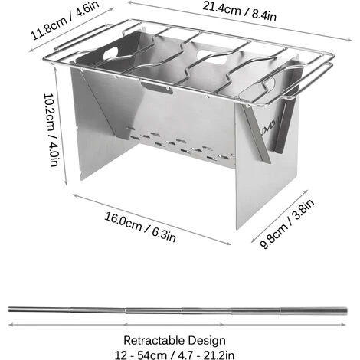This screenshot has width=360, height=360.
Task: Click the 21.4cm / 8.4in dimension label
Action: [x=239, y=11]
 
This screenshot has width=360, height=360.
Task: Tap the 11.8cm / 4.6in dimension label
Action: [x=64, y=21]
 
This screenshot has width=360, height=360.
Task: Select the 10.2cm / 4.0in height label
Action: [x=51, y=129]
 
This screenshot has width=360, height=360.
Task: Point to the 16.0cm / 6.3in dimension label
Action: [x=140, y=227]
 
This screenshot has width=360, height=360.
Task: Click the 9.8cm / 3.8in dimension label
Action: [x=286, y=224]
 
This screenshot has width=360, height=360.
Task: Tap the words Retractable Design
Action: [x=175, y=340]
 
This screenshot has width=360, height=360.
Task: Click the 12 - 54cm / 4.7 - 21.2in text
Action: [x=175, y=355]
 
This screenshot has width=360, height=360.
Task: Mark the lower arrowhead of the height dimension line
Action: [x=66, y=182]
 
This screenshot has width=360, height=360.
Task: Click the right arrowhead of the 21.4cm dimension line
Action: [x=349, y=40]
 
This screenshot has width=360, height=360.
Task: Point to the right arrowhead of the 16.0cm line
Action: [x=228, y=244]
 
